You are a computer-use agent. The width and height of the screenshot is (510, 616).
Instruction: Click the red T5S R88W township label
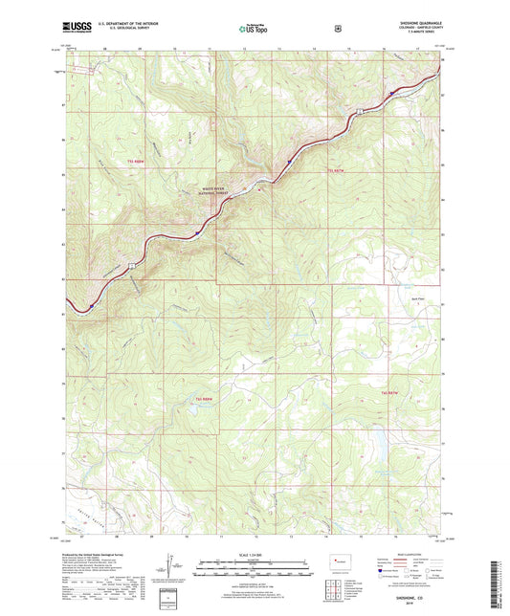(x=135, y=162)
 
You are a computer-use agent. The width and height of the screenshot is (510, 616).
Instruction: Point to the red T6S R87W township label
(x=388, y=393)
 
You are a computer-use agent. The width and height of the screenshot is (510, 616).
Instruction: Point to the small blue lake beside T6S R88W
(x=193, y=407)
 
